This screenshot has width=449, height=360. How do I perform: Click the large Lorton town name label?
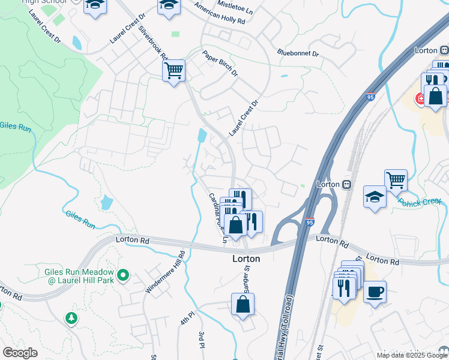(246, 259)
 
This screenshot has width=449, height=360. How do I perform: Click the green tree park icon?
(72, 318)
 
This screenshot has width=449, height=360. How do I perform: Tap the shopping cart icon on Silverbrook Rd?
(174, 71)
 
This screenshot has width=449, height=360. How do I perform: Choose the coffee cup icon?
(375, 292)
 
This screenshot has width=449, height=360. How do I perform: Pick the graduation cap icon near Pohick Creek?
(375, 197)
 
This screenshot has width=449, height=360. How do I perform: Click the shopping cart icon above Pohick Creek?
(396, 179)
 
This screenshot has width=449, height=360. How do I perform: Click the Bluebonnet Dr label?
(298, 53)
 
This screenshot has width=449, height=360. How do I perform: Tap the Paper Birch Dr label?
(220, 64)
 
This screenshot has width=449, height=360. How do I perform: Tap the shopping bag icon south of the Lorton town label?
(243, 305)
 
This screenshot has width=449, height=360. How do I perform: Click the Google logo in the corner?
(20, 353)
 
